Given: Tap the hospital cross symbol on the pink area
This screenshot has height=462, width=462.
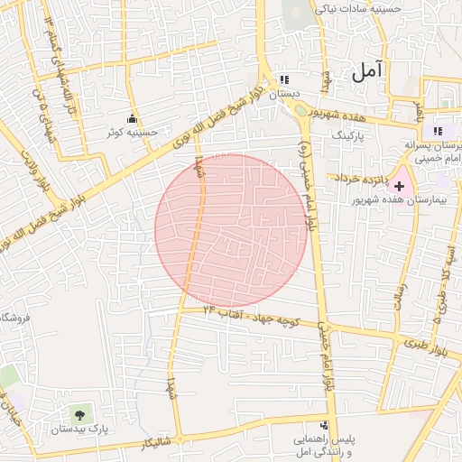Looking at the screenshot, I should pyautogui.click(x=400, y=184).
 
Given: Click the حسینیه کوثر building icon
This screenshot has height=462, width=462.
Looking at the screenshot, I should pyautogui.click(x=134, y=118).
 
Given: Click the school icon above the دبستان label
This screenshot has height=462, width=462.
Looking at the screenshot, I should pyautogui.click(x=284, y=79).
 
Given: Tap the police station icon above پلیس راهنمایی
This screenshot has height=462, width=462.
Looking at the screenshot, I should pyautogui.click(x=323, y=425).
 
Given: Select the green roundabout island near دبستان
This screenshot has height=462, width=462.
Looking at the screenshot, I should pyautogui.click(x=300, y=111).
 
